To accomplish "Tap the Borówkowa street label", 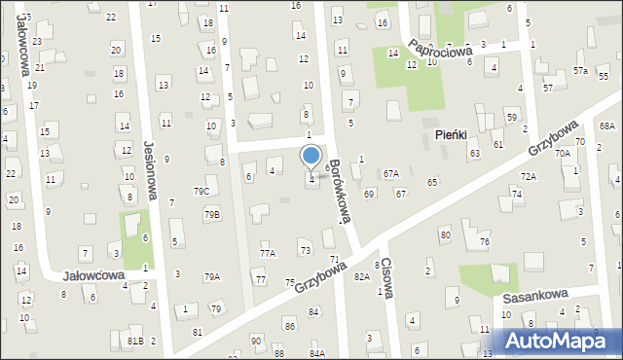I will pyautogui.click(x=337, y=192).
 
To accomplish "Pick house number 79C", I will pyautogui.click(x=201, y=191).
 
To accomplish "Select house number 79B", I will pyautogui.click(x=211, y=214).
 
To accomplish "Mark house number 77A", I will pyautogui.click(x=267, y=253).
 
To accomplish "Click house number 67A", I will pyautogui.click(x=391, y=173).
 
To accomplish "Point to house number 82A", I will pyautogui.click(x=362, y=276).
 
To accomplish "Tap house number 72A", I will pyautogui.click(x=528, y=176).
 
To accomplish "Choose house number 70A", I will pyautogui.click(x=562, y=153).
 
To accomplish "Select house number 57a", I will pyautogui.click(x=580, y=71).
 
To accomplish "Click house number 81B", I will pyautogui.click(x=134, y=341).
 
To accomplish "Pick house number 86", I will pyautogui.click(x=289, y=324).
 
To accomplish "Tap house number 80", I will pyautogui.click(x=445, y=234).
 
